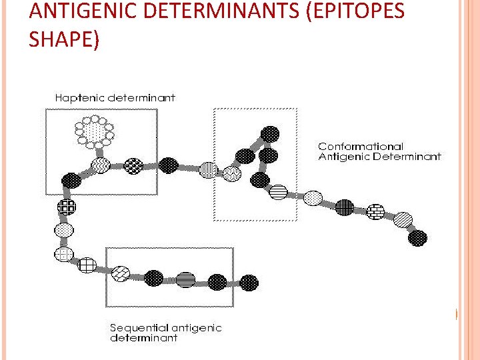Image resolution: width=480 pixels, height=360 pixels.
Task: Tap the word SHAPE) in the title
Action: click(64, 39)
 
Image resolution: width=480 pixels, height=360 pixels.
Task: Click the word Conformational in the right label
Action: click(361, 146)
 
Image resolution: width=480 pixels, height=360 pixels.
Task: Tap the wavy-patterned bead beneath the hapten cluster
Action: click(101, 165)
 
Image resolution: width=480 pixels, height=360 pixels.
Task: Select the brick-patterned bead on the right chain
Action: click(376, 211)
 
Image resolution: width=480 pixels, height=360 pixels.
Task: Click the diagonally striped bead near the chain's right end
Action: click(402, 220)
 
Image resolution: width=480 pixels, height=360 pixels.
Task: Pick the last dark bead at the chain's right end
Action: click(417, 237)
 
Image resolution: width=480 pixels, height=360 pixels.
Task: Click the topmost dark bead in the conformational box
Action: click(270, 134)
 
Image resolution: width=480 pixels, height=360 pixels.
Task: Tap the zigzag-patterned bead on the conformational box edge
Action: click(232, 173)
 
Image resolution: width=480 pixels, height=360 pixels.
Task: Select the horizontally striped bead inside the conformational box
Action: click(278, 193)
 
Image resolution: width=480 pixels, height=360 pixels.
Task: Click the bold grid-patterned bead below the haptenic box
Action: click(67, 207)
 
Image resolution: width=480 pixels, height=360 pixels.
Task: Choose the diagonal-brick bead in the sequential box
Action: click(121, 273)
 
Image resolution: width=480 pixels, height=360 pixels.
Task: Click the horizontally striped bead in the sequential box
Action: click(186, 279)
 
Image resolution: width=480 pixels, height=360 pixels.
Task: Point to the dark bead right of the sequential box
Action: click(249, 283)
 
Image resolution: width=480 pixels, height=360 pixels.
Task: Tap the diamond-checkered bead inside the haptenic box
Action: click(134, 165)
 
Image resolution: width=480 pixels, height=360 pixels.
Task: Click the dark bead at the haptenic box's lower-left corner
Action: click(71, 180)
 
